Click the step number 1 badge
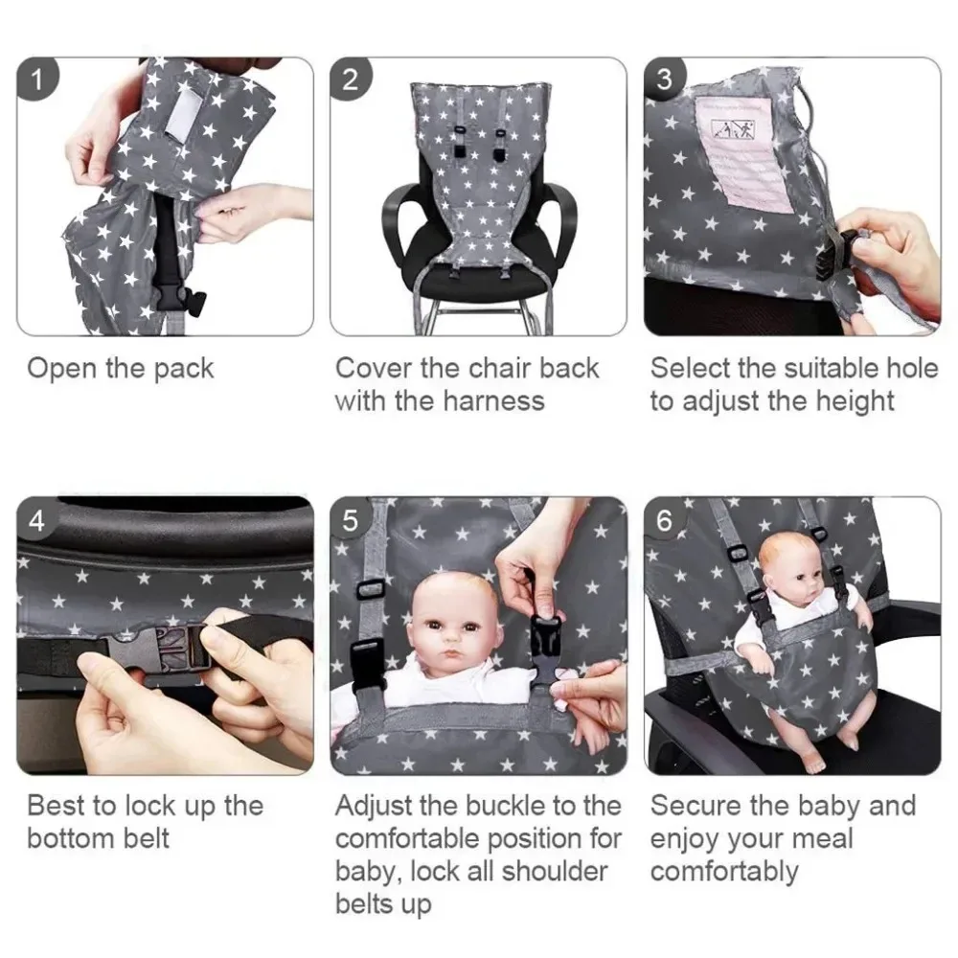(x=37, y=80)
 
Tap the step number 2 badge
(x=351, y=80)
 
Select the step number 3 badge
(x=665, y=80)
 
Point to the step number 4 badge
(x=37, y=520)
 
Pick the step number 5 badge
(x=351, y=520)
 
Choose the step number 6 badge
(x=665, y=520)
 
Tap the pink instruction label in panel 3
(x=743, y=153)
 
